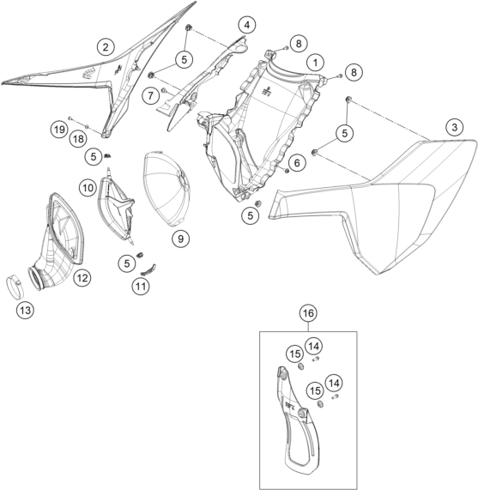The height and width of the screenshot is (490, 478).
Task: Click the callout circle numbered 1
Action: click(315, 63)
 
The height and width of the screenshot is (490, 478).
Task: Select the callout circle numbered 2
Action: click(106, 47)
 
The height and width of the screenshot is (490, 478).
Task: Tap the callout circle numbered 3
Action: click(454, 127)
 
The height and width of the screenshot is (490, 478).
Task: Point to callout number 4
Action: click(247, 25)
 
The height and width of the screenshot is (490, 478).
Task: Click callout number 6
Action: click(296, 162)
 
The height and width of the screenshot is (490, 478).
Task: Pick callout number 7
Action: click(151, 95)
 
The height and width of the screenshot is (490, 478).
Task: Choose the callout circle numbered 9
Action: click(180, 239)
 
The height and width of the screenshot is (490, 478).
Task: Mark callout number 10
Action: click(88, 188)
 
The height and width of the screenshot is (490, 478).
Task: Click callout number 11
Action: click(141, 286)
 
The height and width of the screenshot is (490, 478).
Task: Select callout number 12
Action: click(82, 277)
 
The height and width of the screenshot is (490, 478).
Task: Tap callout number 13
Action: click(25, 311)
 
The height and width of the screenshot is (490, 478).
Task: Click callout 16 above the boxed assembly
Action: click(308, 313)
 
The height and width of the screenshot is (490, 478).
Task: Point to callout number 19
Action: click(59, 129)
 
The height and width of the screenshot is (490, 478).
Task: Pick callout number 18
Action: click(78, 138)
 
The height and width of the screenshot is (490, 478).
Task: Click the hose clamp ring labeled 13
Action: click(15, 285)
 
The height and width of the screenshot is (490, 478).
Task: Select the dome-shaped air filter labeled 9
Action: click(167, 189)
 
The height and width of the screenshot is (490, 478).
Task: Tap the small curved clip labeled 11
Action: click(148, 269)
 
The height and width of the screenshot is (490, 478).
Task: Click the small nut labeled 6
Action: click(286, 171)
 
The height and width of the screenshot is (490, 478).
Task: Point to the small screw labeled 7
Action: click(164, 90)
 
